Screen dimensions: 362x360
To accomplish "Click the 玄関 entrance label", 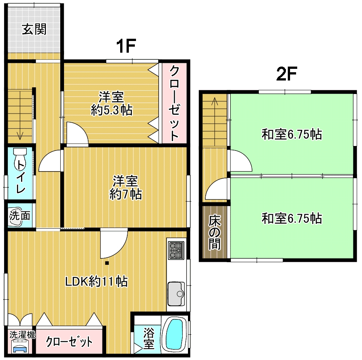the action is (x=34, y=29).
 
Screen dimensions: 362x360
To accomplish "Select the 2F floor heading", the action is (x=286, y=74).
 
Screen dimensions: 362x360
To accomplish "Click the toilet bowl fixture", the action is (x=20, y=159).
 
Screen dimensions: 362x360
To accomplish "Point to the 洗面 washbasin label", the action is (x=20, y=216).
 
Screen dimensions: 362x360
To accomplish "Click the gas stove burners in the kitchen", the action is (x=176, y=250).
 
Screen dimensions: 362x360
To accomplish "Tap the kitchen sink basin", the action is (x=176, y=293).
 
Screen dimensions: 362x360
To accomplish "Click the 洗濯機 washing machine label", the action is (x=22, y=335).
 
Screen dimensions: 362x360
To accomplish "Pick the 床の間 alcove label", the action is (x=215, y=232).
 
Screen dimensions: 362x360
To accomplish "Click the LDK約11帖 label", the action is (x=96, y=281).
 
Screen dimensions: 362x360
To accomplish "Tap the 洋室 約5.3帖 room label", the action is (x=112, y=103).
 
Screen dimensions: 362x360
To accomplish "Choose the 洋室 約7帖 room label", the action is (x=125, y=187).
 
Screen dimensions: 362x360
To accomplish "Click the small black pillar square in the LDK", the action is (x=107, y=263).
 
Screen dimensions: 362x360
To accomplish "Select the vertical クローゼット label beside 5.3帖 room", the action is (x=174, y=103).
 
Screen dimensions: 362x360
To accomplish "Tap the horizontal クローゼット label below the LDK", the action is (x=69, y=342).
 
